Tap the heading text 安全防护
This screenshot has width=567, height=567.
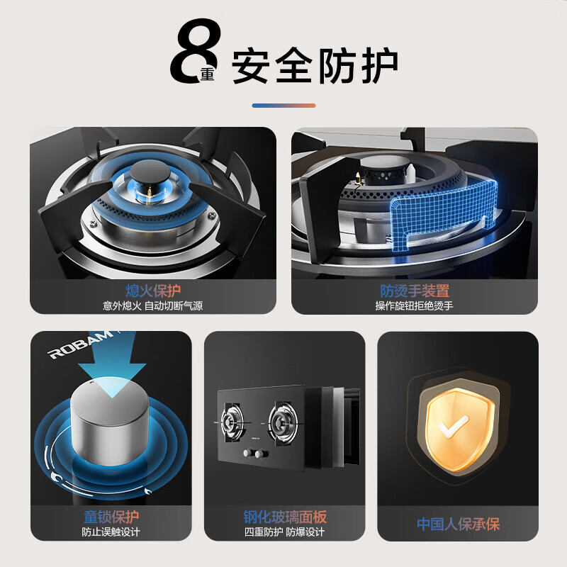[315, 66]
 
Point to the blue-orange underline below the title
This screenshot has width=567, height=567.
[283, 106]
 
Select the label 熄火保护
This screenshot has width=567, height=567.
[153, 291]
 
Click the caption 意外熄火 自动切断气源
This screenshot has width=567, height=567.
[153, 306]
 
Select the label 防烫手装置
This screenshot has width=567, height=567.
[415, 291]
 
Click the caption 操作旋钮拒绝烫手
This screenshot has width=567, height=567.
[415, 306]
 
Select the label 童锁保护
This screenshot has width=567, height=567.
[111, 517]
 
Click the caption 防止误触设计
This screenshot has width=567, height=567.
[111, 532]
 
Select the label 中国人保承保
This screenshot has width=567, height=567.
[458, 524]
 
